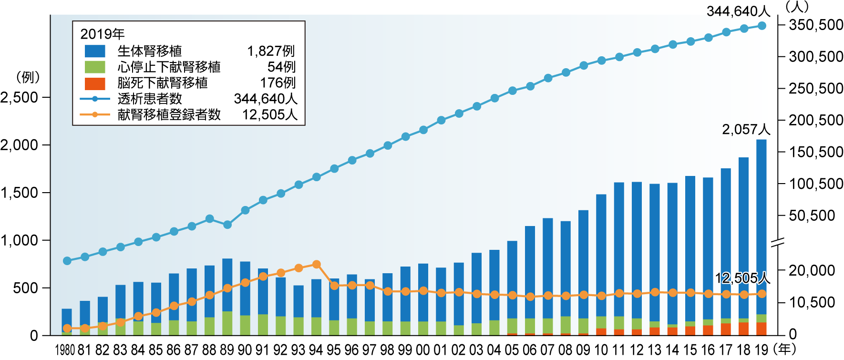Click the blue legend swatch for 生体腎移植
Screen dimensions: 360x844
click(95, 51)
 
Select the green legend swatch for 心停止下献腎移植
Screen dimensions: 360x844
click(95, 67)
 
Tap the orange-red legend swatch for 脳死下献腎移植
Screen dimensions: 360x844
click(95, 83)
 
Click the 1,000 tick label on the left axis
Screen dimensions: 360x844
click(19, 240)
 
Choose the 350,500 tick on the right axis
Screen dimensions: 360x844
click(816, 25)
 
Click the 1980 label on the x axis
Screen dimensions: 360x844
click(65, 350)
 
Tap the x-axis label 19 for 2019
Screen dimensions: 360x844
click(762, 350)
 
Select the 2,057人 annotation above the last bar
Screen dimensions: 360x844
click(746, 130)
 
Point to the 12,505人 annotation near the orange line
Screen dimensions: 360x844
click(742, 278)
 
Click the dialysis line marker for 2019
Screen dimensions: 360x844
click(762, 26)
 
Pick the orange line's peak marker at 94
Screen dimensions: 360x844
click(316, 264)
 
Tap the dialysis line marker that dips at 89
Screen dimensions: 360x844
click(227, 225)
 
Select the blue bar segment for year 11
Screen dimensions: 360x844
click(619, 248)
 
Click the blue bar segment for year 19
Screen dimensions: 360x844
click(762, 224)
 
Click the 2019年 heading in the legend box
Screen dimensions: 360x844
click(102, 34)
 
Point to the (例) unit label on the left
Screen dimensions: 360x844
click(28, 77)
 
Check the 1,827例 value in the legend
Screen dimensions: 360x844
click(271, 51)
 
